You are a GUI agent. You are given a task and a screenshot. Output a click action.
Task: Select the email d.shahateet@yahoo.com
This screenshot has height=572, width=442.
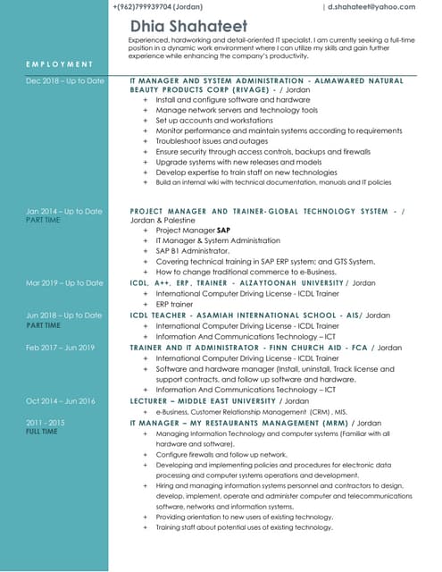[x=372, y=7]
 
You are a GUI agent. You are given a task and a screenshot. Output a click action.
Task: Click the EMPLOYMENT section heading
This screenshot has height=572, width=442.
[x=60, y=64]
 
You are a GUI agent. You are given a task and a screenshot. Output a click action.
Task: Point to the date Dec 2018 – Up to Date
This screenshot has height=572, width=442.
[x=65, y=81]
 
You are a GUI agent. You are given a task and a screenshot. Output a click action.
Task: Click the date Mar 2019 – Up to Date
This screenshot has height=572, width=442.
[x=65, y=282]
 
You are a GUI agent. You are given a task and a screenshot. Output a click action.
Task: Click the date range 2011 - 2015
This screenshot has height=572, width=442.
[x=46, y=422]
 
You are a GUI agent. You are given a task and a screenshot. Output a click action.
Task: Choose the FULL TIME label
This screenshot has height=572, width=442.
[x=42, y=432]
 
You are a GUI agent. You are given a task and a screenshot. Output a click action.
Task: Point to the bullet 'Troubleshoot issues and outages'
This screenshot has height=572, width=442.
[x=211, y=141]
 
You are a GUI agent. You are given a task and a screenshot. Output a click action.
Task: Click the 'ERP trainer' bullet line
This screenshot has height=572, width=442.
[x=174, y=304]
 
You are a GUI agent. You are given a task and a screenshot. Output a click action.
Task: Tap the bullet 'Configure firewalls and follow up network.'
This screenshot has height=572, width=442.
[x=221, y=454]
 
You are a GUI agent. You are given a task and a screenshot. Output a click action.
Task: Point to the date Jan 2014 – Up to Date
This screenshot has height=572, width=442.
[x=64, y=211]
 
